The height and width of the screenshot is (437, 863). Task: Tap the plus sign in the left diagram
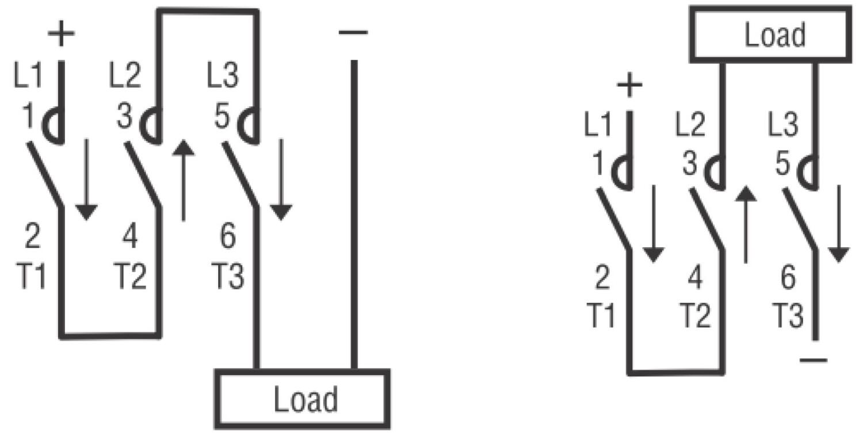pos(61,33)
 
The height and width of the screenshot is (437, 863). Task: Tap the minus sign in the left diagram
pos(353,32)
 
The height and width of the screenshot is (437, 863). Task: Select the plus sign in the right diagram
pos(629,85)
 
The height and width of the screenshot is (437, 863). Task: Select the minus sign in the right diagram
pos(814,361)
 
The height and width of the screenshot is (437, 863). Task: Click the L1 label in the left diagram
pos(28,75)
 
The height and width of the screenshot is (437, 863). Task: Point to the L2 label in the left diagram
pos(125,75)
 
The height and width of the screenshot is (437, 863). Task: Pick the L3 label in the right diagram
pos(783,124)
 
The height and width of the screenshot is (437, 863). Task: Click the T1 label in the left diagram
pos(31,275)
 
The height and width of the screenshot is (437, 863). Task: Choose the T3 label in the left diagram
pos(228,275)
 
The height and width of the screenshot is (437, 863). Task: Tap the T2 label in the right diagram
pos(694,315)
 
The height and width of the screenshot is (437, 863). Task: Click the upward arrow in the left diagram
pos(184,180)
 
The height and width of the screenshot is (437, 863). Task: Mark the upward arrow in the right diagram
pos(746,225)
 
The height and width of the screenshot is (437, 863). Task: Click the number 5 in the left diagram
pos(222,116)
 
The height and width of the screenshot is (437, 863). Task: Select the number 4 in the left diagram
pos(130,236)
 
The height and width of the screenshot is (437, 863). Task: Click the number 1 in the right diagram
pos(598,163)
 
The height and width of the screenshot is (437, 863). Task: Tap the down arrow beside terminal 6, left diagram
pos(281,179)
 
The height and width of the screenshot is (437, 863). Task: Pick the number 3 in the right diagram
pos(690,163)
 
